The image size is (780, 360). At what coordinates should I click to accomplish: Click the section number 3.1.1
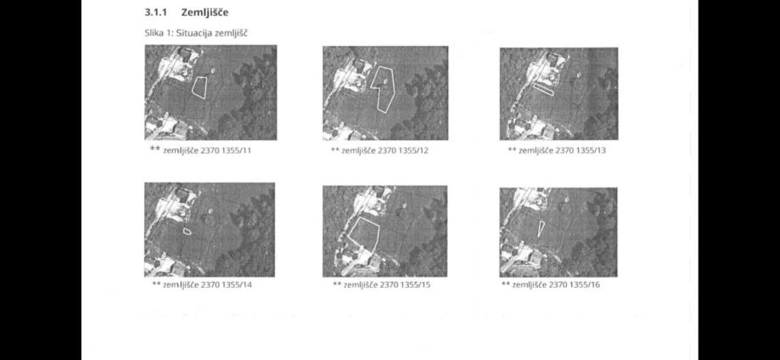click(x=155, y=12)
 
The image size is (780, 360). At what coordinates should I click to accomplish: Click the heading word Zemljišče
click(x=205, y=13)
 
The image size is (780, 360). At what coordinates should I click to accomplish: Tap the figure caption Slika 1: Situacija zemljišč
click(x=196, y=33)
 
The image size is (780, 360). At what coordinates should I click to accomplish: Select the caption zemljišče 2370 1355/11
click(x=207, y=150)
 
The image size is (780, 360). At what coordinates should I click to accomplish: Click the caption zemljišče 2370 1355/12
click(x=384, y=150)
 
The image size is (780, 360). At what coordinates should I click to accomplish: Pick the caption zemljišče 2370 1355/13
click(x=562, y=150)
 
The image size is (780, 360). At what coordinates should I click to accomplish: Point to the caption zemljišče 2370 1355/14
click(x=208, y=285)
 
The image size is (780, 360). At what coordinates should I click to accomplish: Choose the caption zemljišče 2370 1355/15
click(x=387, y=285)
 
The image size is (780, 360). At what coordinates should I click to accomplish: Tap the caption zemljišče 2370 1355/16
click(x=556, y=285)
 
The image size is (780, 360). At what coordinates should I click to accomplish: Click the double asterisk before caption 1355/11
click(x=155, y=149)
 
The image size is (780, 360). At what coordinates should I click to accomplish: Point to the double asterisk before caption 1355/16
click(x=506, y=284)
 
